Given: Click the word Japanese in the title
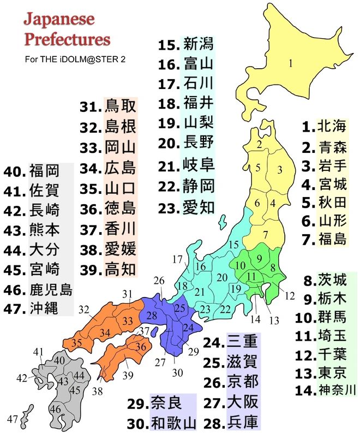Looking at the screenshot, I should (59, 20).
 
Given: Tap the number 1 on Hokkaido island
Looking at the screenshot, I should (291, 63).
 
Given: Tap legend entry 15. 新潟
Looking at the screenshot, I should (186, 45).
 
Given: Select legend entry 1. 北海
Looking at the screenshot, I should (325, 127).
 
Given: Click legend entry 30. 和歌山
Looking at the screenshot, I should (161, 422).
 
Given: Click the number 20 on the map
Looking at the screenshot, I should (221, 277).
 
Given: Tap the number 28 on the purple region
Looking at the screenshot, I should (152, 316).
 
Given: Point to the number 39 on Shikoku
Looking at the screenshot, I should (128, 375).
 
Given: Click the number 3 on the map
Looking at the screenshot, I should (279, 170).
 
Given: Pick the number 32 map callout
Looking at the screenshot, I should (84, 310).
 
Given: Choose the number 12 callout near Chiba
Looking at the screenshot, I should (290, 296).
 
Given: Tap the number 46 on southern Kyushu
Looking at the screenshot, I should (55, 408).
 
